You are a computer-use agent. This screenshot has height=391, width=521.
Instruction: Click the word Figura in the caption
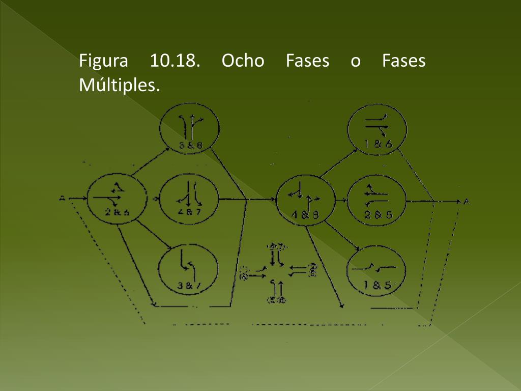tap(103, 62)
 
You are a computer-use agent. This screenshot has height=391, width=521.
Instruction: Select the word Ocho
tap(243, 62)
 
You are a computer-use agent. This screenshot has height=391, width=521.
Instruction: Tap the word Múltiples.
tap(120, 85)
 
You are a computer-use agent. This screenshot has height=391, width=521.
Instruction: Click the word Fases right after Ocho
tap(307, 62)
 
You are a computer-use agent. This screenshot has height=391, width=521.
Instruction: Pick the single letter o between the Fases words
tap(356, 62)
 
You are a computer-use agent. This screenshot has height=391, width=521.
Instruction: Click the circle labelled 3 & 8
tap(190, 129)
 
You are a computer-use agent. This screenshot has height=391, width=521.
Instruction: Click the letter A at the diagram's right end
tap(466, 202)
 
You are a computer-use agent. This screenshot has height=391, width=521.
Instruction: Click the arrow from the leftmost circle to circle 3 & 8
tap(151, 162)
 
